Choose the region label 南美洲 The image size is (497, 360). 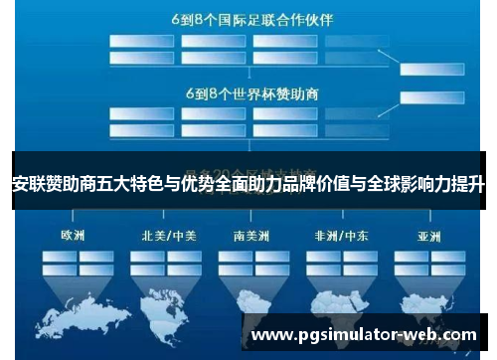tap(249, 237)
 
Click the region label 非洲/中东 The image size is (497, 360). tap(336, 237)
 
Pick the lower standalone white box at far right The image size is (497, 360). tap(435, 97)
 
